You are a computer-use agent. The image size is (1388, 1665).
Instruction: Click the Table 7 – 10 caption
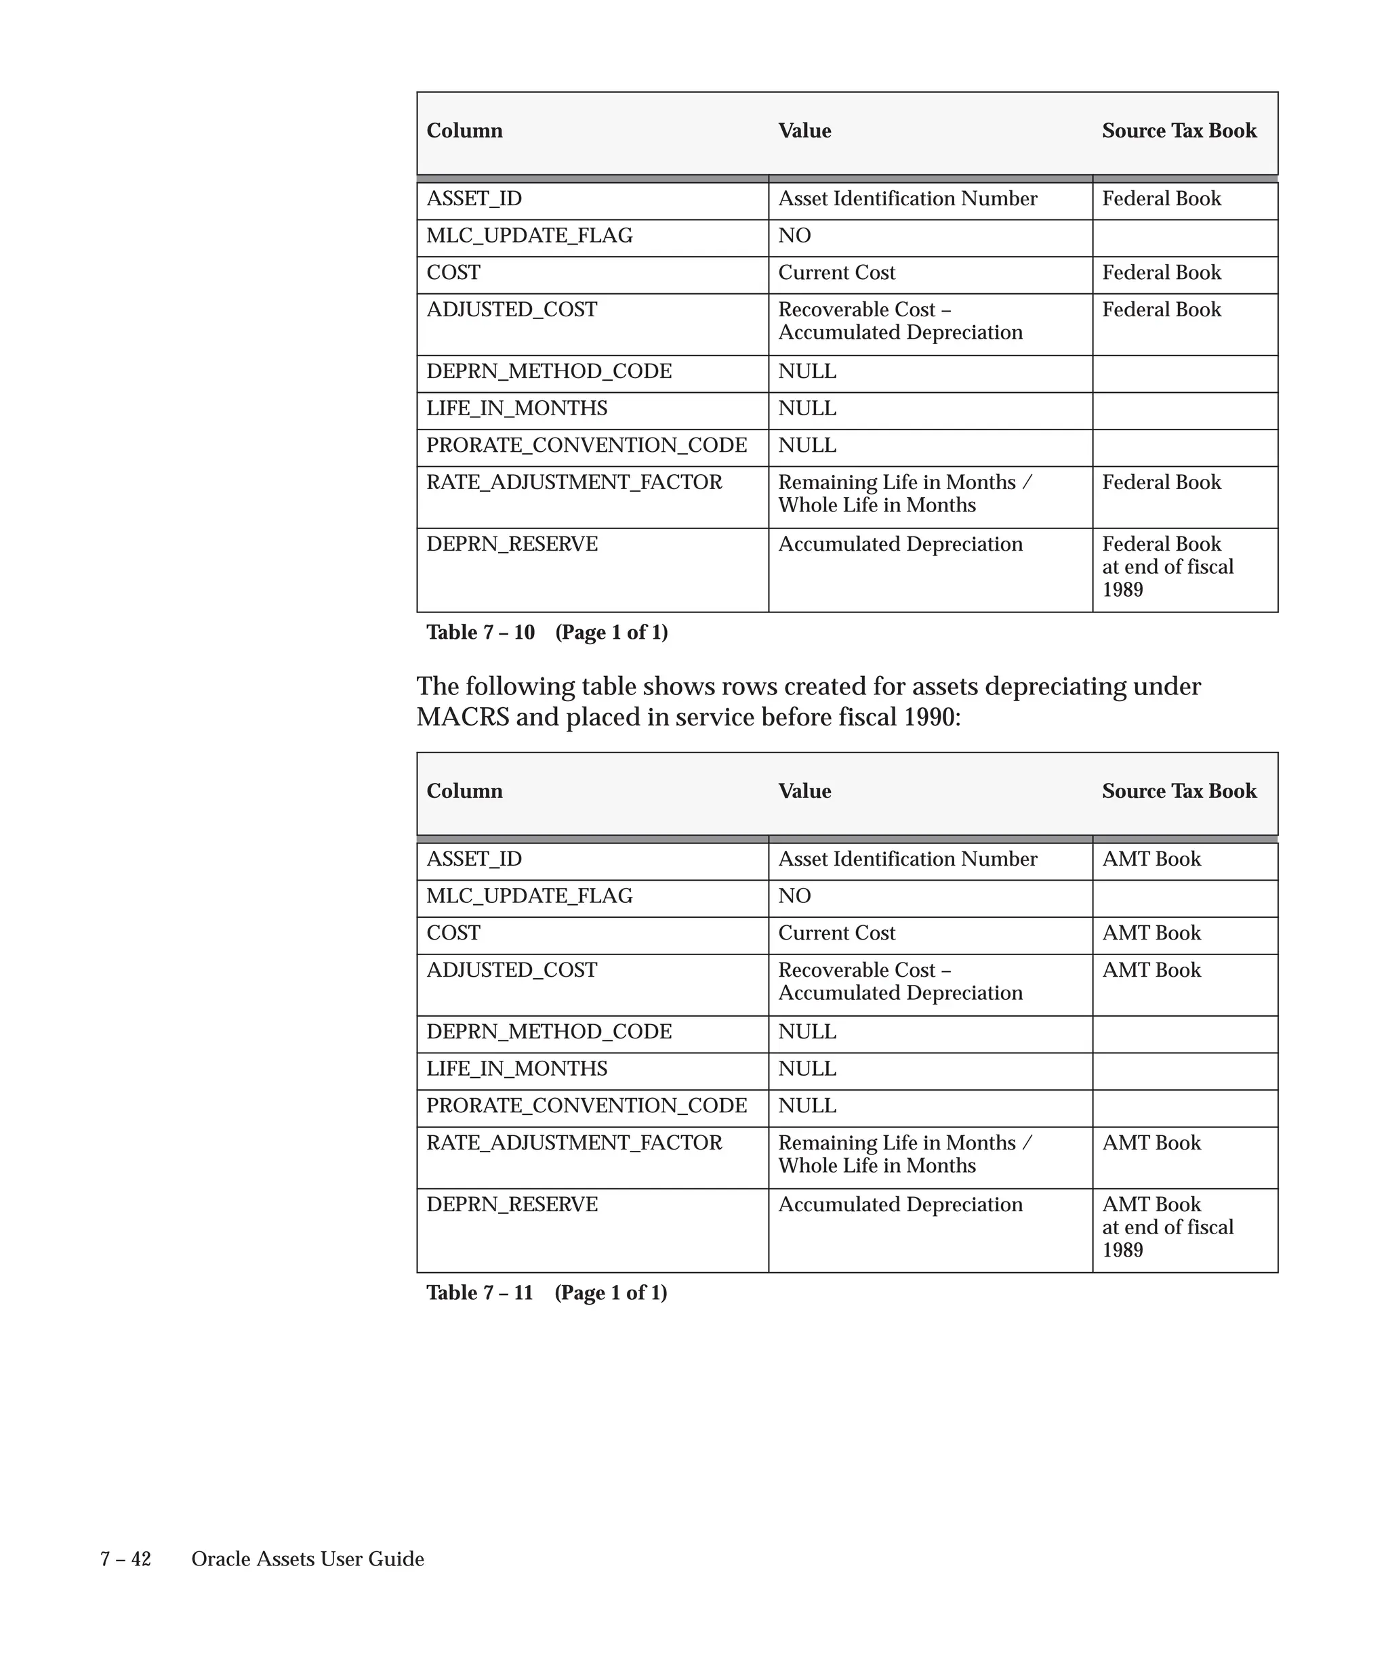546,632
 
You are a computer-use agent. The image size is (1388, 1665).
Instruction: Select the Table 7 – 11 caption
546,1292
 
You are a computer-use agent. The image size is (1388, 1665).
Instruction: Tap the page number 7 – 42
125,1559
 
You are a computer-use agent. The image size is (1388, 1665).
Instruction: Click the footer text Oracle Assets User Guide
308,1559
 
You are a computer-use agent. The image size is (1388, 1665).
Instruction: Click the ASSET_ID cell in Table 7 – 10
474,198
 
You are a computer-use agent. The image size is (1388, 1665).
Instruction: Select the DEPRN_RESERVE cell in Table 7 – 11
512,1204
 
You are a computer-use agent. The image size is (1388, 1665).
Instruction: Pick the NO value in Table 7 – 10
794,236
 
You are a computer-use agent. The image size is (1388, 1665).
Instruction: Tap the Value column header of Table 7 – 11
804,791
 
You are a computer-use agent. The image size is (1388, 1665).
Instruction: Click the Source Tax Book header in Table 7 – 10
1179,130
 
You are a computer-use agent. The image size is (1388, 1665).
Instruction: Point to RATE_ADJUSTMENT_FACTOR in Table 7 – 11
574,1143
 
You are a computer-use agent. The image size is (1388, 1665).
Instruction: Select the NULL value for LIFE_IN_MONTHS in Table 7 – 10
807,408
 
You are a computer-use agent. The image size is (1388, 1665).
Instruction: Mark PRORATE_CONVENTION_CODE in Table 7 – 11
586,1105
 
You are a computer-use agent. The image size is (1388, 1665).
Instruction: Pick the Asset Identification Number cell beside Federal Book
907,198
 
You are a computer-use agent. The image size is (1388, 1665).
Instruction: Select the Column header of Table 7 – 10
464,130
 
